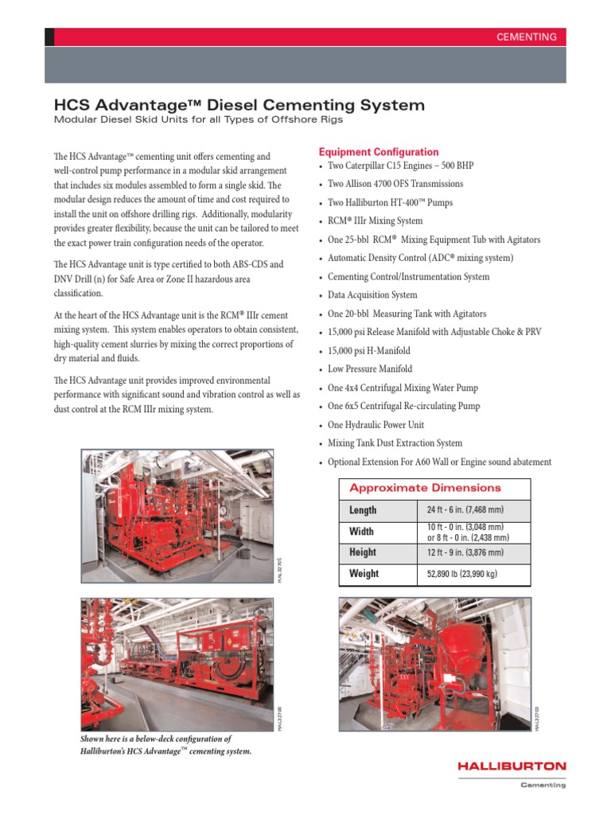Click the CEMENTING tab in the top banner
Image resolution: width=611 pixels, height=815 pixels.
[x=526, y=37]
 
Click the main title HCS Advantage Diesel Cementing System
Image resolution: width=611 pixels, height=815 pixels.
[x=239, y=105]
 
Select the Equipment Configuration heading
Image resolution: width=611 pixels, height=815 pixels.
[x=378, y=152]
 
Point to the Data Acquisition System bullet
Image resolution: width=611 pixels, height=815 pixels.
[x=372, y=295]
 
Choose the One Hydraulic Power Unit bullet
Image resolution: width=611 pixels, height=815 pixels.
[x=376, y=425]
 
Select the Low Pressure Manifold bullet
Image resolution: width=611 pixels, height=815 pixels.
[x=370, y=369]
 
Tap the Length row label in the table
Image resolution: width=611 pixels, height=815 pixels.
[x=363, y=510]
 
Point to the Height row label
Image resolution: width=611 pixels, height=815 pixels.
[x=363, y=552]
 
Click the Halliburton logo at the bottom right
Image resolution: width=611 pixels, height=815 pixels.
[x=512, y=766]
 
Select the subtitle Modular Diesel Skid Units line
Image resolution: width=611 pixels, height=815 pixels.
[x=197, y=120]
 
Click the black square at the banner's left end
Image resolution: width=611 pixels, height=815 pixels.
[x=49, y=37]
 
